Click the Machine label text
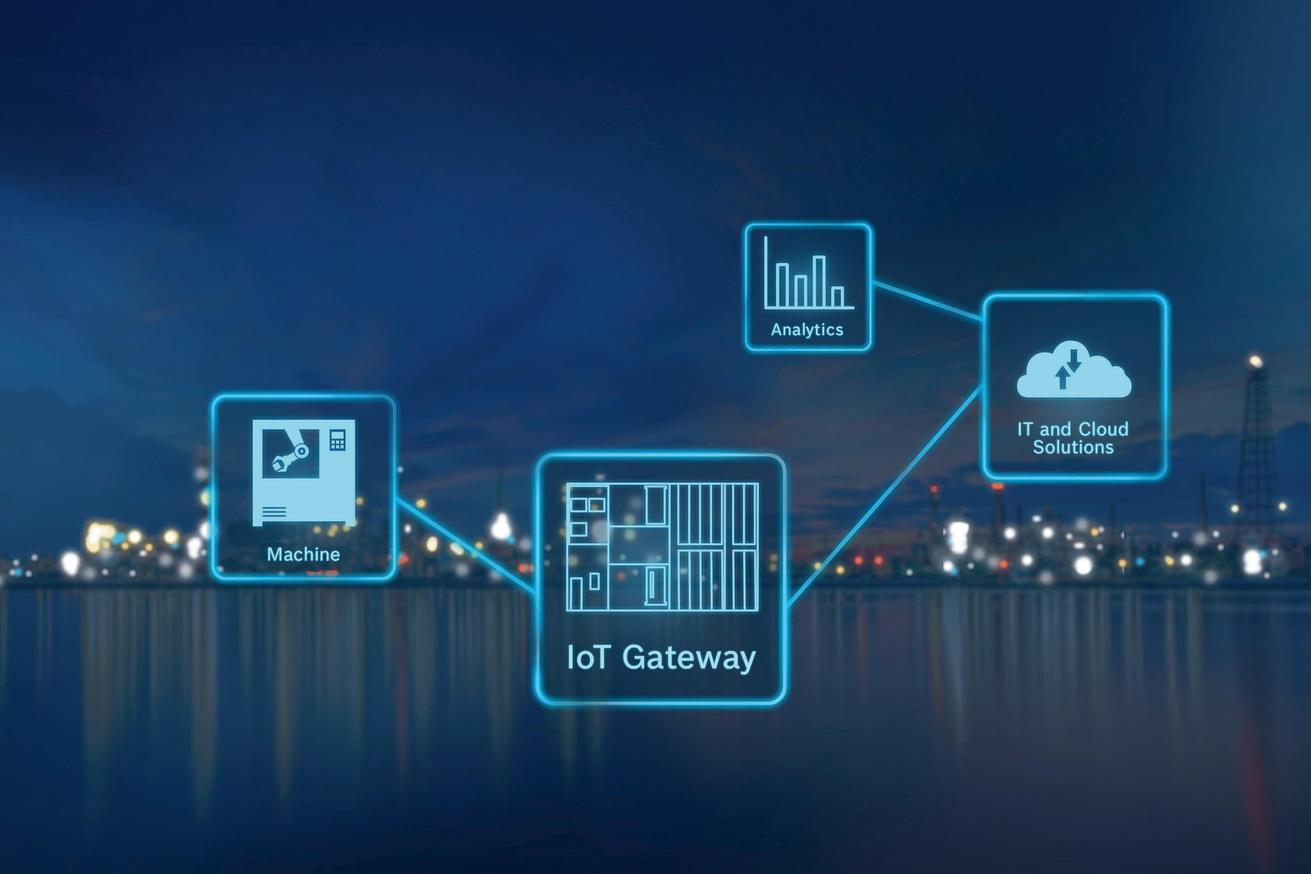coord(303,554)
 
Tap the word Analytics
coord(807,330)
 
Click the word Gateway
coord(689,658)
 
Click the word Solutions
coord(1073,447)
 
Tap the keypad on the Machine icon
coord(337,440)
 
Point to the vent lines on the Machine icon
coord(274,511)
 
